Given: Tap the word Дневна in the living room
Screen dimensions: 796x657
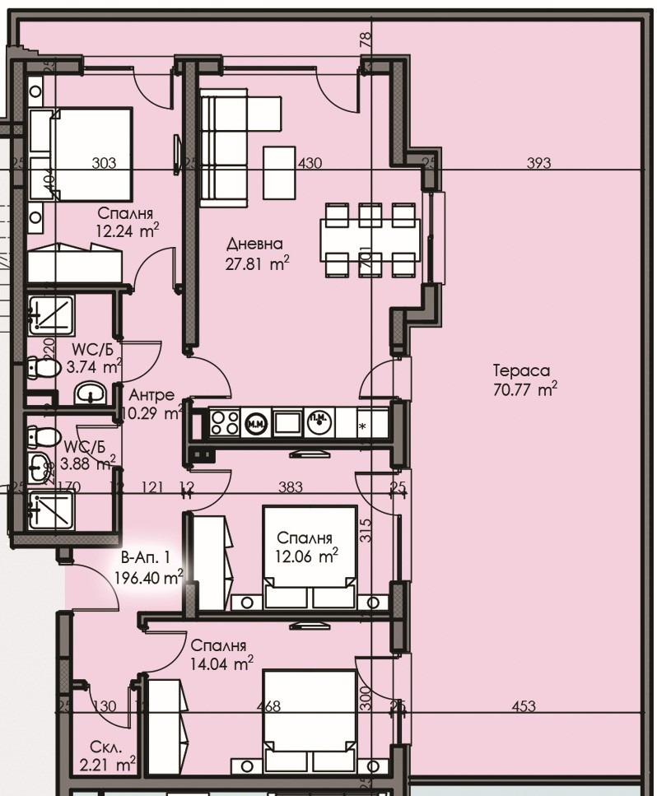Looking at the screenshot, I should point(254,244).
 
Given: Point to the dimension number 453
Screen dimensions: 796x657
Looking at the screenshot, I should point(524,705).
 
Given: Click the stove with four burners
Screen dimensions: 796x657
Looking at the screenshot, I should point(225,422).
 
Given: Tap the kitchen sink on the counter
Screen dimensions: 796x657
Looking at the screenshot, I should point(288,422).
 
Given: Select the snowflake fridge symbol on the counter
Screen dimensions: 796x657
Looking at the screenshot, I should point(363,426).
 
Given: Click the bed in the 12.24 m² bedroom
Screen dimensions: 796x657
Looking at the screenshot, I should point(80,155).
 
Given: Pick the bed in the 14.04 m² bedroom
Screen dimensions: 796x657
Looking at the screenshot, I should point(310,720).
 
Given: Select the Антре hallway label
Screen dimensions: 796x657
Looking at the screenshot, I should point(147,395).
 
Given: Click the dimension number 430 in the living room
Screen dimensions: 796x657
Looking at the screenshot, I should point(310,164).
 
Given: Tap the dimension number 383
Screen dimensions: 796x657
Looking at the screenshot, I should point(291,487).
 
